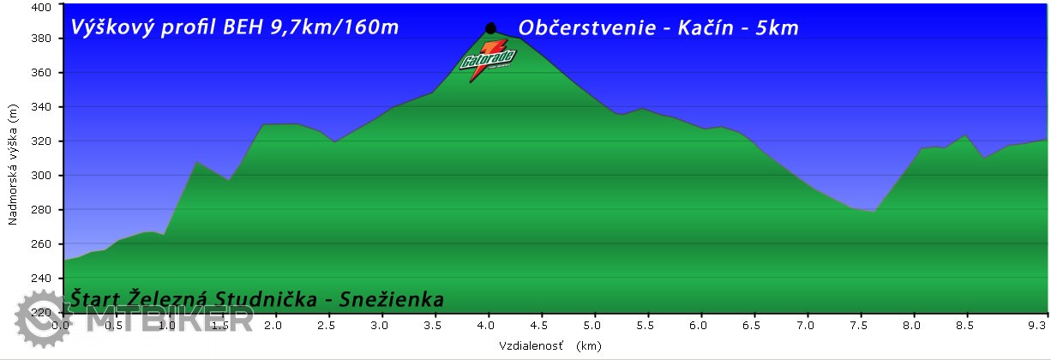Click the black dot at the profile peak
(490, 28)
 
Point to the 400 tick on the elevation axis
(42, 7)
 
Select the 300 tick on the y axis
(42, 176)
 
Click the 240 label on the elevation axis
(42, 279)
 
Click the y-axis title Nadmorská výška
(13, 165)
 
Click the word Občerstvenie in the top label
(583, 28)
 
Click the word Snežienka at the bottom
(392, 300)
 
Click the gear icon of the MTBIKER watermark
(37, 316)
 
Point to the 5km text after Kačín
(778, 28)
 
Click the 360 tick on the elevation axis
(42, 73)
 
